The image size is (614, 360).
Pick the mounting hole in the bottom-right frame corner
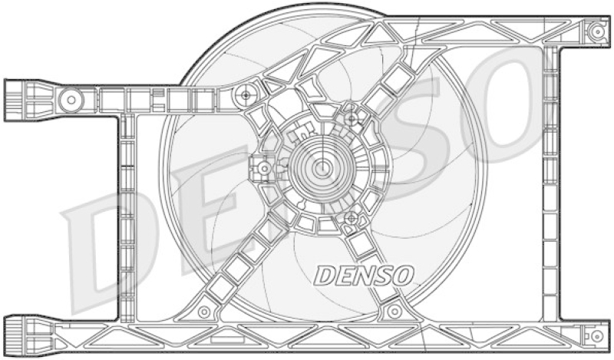click(596, 336)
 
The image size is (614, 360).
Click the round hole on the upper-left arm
click(71, 98)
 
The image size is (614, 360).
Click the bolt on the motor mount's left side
click(263, 167)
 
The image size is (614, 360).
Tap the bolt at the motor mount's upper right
click(352, 118)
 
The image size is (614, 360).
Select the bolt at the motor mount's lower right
click(351, 219)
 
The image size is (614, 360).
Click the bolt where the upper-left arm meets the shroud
click(246, 95)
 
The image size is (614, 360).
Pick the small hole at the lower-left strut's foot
click(204, 312)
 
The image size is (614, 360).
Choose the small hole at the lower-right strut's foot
click(394, 312)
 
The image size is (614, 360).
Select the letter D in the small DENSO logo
click(325, 274)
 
